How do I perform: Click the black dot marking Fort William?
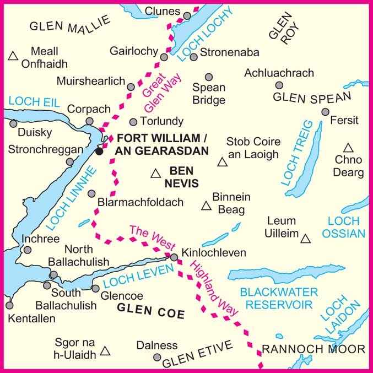point(99,151)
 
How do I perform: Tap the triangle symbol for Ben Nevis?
point(156,174)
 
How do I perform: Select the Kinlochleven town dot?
point(174,257)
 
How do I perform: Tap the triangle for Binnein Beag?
point(206,207)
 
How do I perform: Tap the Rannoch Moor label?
point(313,349)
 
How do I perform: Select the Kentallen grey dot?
point(9,305)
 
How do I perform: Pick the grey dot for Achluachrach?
point(279,85)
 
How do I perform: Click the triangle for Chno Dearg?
point(348,148)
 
